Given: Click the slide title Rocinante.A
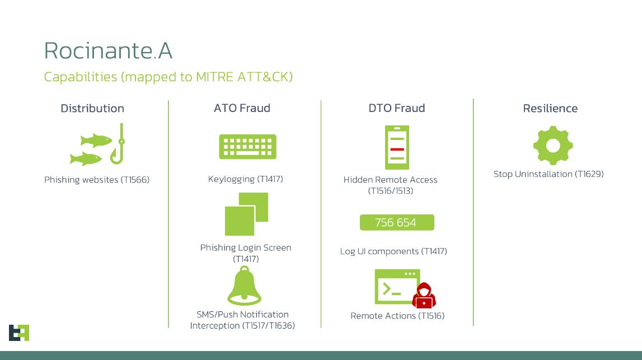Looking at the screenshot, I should click(x=108, y=51).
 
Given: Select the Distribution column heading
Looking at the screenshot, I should click(x=92, y=108).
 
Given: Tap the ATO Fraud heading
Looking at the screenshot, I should click(x=242, y=108).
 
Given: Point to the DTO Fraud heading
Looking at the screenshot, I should click(x=396, y=108).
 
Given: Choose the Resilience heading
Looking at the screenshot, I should click(x=550, y=108).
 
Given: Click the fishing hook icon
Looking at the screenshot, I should click(x=118, y=145).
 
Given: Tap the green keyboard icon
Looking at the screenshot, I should click(x=247, y=147).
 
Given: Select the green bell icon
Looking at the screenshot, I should click(x=244, y=286).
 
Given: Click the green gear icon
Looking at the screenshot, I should click(x=552, y=146).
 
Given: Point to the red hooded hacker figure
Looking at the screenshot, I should click(x=424, y=296).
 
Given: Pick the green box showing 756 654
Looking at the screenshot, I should click(x=396, y=222).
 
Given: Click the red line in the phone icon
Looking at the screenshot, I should click(x=397, y=149).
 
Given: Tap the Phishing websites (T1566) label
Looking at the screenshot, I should click(x=97, y=180).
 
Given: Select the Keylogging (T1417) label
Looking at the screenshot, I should click(x=246, y=179).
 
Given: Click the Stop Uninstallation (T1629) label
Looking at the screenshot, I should click(x=549, y=174).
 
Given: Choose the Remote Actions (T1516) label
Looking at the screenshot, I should click(x=397, y=316).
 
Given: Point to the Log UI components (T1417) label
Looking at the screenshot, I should click(x=393, y=251).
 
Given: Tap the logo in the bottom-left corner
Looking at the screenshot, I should click(x=18, y=333).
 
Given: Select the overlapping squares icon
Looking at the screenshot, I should click(x=246, y=214).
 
